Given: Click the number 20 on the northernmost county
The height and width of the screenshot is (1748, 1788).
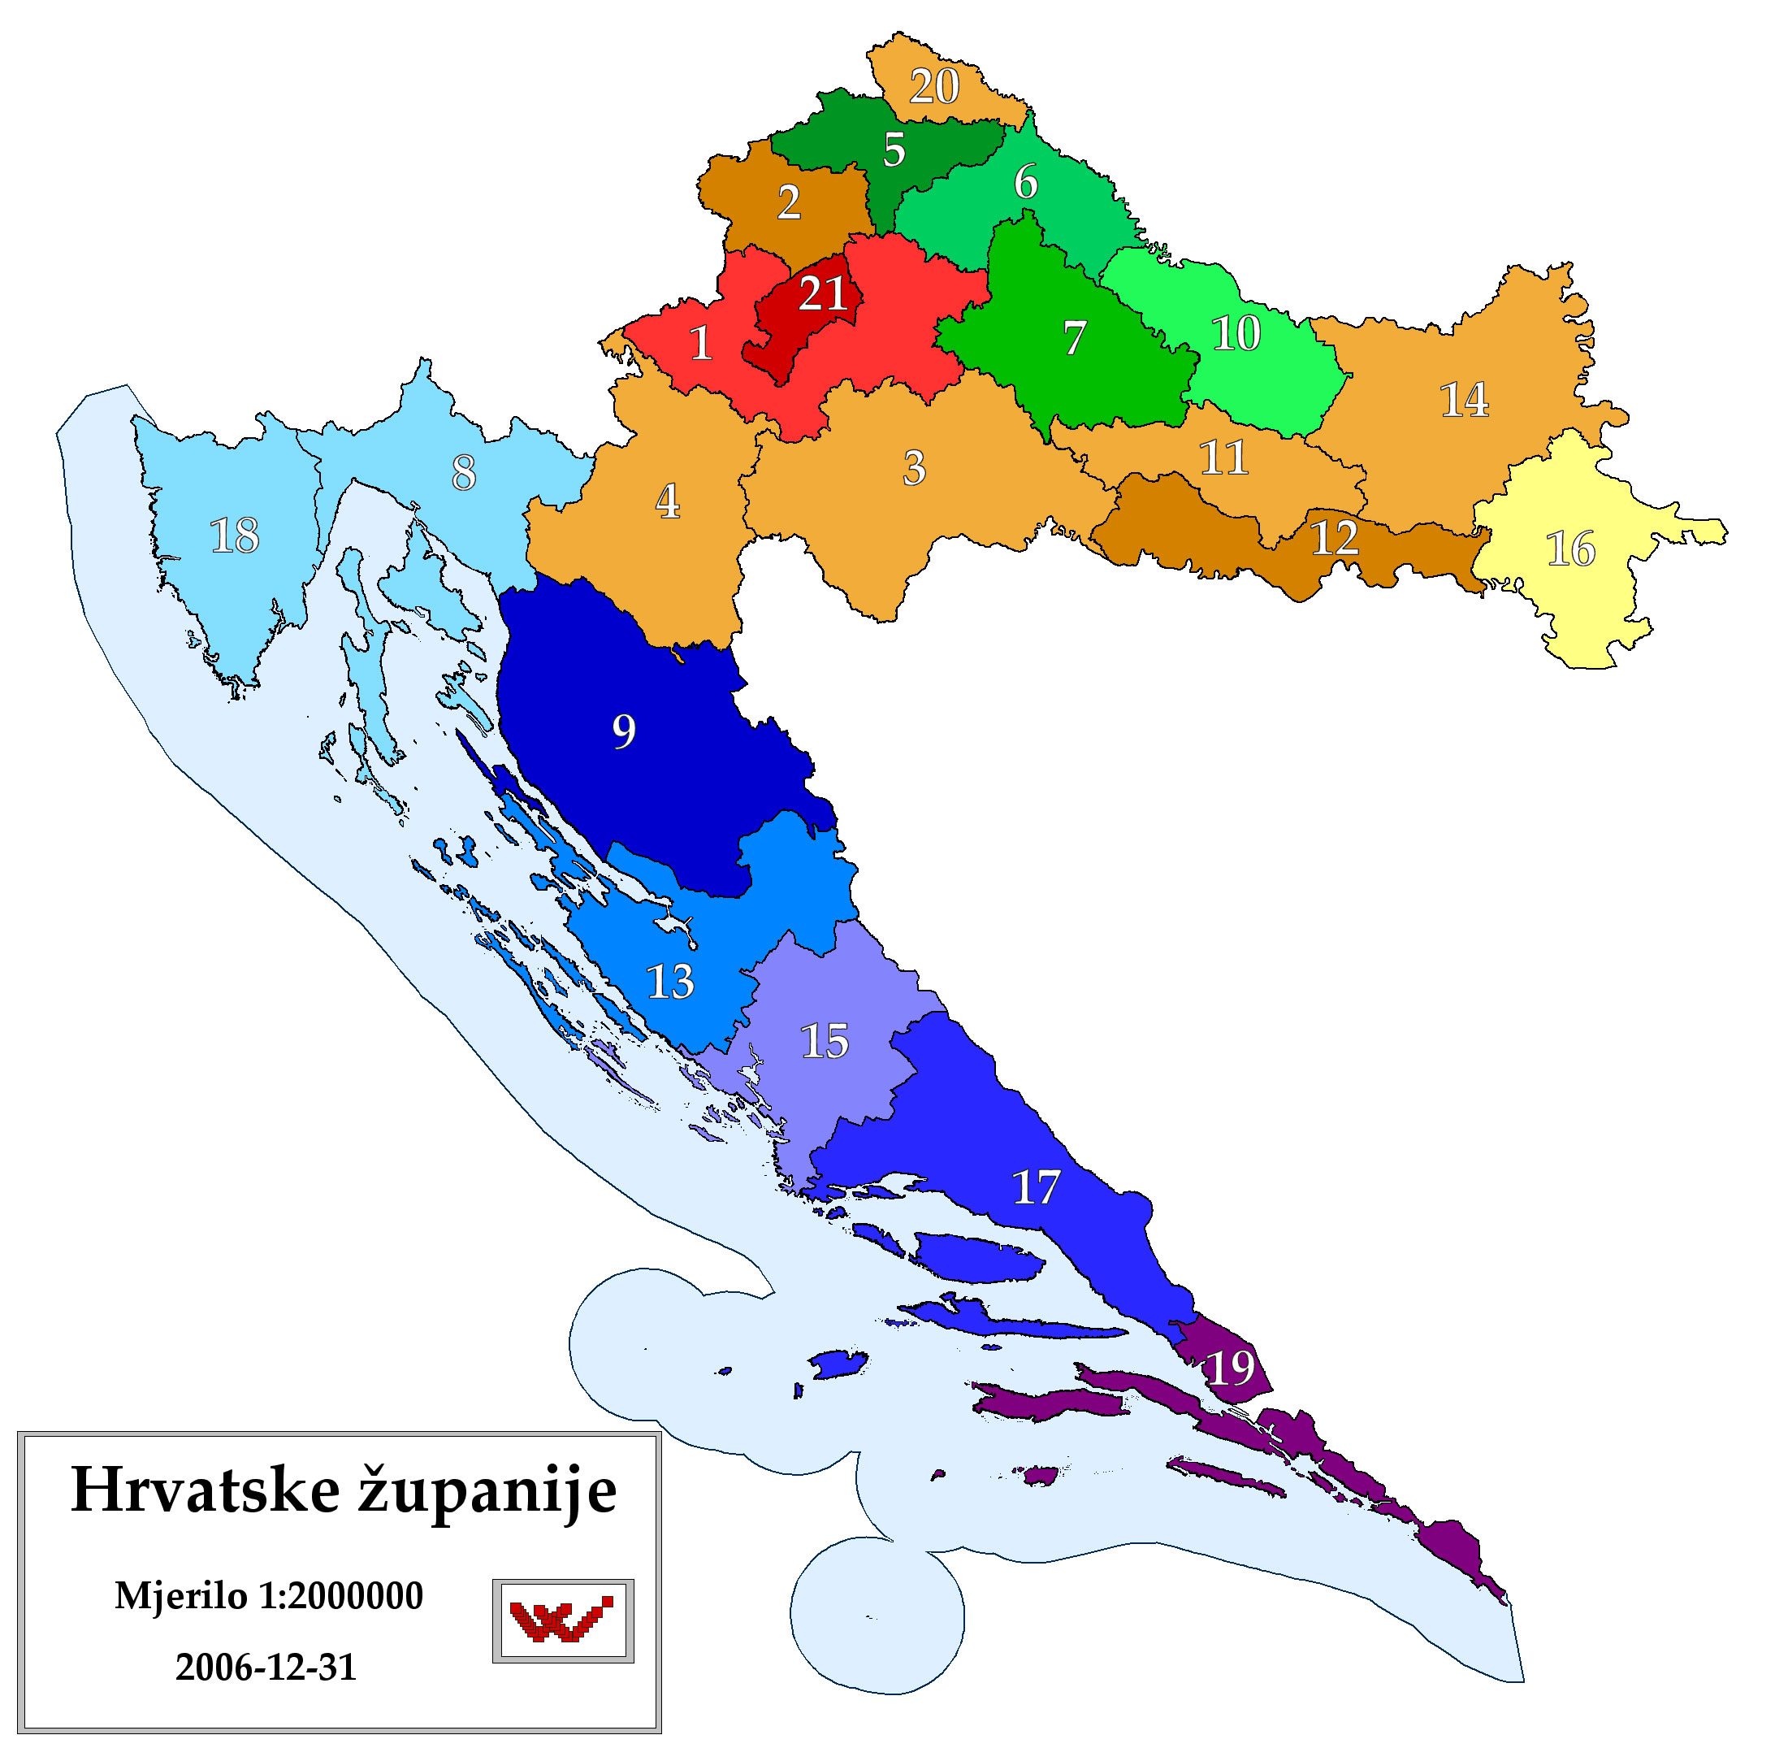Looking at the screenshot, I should point(933,86).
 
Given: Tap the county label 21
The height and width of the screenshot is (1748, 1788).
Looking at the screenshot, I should point(822,294).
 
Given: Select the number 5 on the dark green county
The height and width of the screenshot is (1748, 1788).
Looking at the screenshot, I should point(894,150).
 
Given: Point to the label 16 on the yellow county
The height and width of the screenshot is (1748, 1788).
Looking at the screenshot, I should point(1570,549).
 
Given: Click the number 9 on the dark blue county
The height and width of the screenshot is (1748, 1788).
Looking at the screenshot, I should point(623,731).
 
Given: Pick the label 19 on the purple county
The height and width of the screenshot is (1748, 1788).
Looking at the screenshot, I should point(1230,1368).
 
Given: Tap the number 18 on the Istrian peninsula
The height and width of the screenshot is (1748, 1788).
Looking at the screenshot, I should point(234,536).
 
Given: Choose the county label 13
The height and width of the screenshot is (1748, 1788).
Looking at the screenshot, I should point(670,982).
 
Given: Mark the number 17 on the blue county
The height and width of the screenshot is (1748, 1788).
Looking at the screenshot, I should point(1036,1188).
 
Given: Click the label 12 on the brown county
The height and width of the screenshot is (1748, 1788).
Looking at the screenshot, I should point(1334,538).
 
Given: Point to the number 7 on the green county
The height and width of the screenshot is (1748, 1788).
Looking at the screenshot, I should point(1075,339).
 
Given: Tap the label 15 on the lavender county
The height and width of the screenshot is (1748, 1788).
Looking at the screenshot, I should point(825,1042).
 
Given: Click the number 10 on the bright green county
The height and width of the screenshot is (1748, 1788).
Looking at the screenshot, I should point(1236,333).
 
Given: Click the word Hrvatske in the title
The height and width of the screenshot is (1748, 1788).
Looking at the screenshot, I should point(205,1490).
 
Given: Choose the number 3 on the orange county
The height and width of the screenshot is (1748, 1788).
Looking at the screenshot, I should point(913,468).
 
